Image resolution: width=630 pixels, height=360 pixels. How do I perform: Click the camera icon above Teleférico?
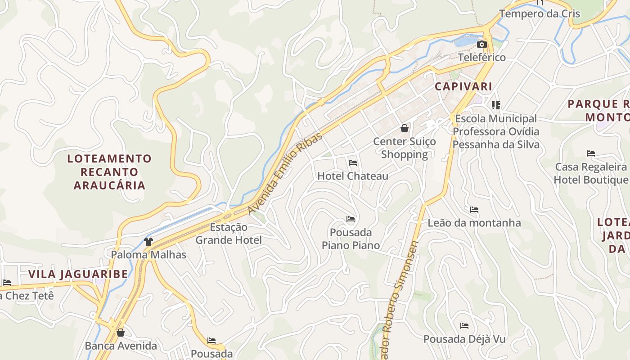click(481, 44)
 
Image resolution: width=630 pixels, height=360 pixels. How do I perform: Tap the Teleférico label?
click(481, 58)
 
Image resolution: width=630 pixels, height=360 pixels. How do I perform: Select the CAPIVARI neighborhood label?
click(463, 86)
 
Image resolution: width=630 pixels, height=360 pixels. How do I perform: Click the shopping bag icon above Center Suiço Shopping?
click(405, 128)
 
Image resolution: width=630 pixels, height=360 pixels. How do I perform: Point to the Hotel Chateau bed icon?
click(353, 162)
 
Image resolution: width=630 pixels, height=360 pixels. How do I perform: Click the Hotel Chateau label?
click(353, 176)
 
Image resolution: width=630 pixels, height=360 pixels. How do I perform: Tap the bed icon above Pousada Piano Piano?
click(351, 219)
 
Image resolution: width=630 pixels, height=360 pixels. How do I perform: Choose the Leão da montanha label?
click(474, 223)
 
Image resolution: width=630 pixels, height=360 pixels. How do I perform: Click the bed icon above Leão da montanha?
click(474, 210)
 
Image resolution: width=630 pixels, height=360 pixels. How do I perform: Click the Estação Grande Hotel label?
click(228, 234)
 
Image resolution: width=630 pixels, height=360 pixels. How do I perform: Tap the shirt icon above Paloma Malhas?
click(148, 242)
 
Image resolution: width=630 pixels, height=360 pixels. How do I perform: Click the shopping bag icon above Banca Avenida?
click(120, 333)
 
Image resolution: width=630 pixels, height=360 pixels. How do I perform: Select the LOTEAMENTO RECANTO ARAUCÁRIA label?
click(109, 172)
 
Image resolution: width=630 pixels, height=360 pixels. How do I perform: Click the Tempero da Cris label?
click(540, 13)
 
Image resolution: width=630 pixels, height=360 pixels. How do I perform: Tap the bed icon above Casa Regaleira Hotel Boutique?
click(591, 153)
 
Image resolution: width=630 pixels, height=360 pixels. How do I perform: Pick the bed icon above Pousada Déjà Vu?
click(464, 326)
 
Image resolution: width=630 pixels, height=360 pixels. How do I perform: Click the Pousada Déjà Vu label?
click(464, 339)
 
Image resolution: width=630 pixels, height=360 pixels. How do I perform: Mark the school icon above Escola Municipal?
click(496, 105)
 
